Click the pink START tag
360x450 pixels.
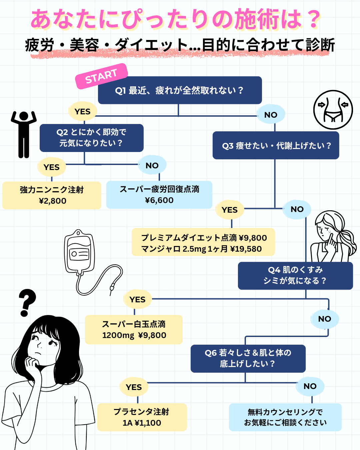tap(101, 76)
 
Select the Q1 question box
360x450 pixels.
tap(180, 90)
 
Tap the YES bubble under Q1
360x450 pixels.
tap(82, 111)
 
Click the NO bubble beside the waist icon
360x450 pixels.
tap(271, 115)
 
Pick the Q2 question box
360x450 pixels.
tap(91, 138)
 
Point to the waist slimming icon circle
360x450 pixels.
tap(333, 110)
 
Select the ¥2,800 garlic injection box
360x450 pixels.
tap(52, 195)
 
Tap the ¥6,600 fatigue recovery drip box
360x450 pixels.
tap(159, 195)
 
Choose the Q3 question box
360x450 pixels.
tap(276, 146)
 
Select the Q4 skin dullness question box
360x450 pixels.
tap(295, 275)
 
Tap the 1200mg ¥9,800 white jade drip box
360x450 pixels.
tap(134, 330)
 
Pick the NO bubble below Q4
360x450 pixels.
tap(324, 319)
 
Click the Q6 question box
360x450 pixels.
tap(248, 358)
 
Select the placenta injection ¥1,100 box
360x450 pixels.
tap(142, 417)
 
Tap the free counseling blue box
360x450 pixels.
tap(285, 417)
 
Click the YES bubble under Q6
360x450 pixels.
tap(134, 387)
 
